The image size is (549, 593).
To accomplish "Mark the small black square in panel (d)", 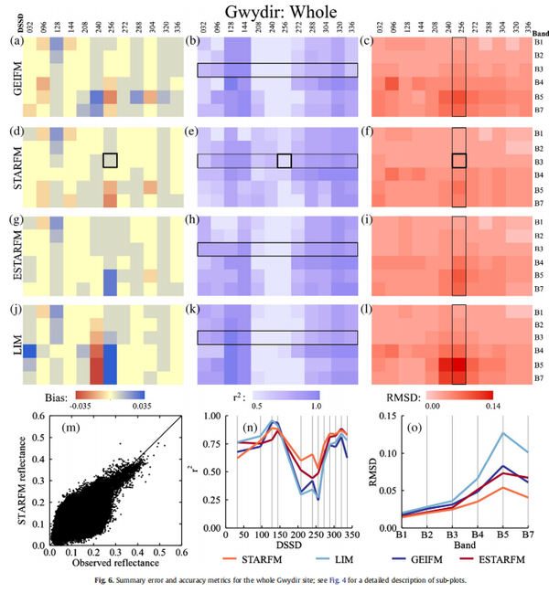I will (x=111, y=160).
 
